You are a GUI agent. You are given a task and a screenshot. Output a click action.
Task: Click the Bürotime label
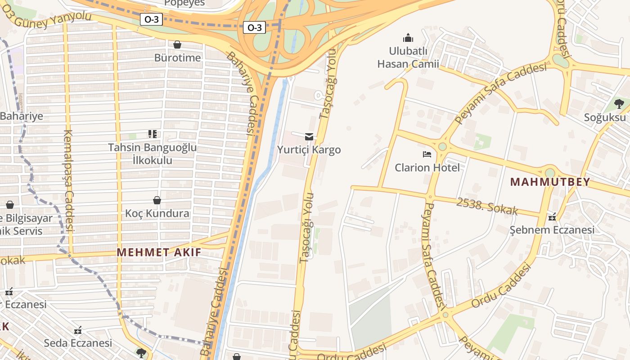coord(177,58)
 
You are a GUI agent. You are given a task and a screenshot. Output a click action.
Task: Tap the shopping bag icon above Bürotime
coord(177,45)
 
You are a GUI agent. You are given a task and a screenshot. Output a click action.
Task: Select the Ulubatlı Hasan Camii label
coord(408,57)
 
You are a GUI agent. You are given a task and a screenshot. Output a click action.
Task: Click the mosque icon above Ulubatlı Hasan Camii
coord(408,37)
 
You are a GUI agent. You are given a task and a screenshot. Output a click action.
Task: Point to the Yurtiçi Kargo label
coord(309,149)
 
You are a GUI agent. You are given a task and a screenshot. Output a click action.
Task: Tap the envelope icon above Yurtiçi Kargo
coord(309,136)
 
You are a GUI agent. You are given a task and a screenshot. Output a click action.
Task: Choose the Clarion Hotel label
coord(427,167)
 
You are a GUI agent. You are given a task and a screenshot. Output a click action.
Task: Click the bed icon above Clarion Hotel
coord(427,154)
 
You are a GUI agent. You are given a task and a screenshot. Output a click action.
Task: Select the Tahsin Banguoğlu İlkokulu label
coord(152,153)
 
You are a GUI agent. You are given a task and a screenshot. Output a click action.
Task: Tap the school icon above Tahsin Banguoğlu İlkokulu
coord(153,134)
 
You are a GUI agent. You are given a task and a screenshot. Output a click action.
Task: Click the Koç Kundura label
coord(157,213)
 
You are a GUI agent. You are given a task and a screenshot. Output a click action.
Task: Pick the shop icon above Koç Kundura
coord(157,200)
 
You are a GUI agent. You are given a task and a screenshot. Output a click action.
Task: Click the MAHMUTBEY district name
coord(549,182)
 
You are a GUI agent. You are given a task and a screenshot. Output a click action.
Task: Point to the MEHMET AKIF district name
coord(159,252)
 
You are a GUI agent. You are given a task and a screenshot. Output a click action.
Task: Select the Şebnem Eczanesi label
coord(552,230)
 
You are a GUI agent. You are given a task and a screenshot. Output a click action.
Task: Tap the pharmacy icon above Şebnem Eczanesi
coord(552,217)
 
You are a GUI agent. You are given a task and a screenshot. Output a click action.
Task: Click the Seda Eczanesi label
coord(78,343)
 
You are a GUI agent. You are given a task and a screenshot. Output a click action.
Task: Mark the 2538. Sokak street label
coord(487,206)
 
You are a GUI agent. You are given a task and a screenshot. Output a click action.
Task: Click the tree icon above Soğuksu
coord(619,104)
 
